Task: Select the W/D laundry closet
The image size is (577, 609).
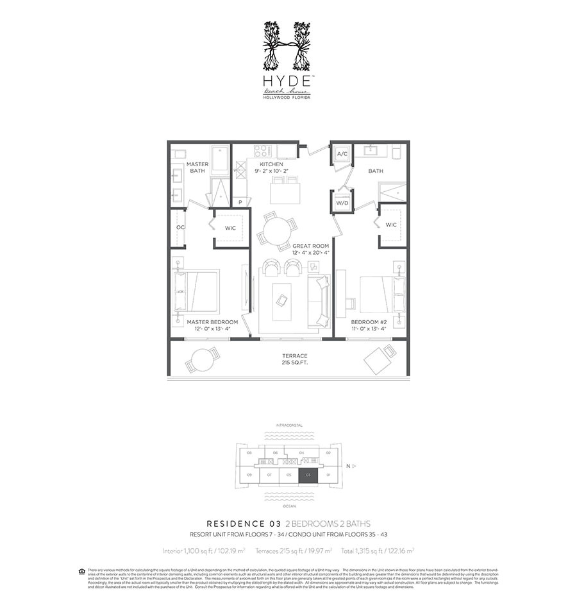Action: point(342,203)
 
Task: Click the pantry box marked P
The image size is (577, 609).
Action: point(240,202)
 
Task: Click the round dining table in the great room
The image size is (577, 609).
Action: point(278,230)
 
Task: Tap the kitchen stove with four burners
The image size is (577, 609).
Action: point(263,151)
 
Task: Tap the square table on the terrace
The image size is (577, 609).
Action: point(380,358)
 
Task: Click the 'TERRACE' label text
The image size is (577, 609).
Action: point(294,356)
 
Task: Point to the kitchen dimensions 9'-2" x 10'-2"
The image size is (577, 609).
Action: point(272,171)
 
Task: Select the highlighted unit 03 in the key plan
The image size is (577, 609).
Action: point(308,475)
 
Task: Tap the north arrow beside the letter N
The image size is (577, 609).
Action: point(353,465)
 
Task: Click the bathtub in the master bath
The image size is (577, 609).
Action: point(220,160)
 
